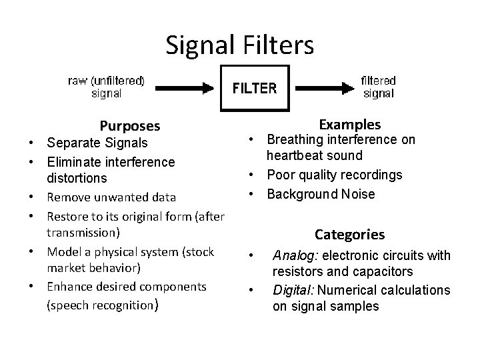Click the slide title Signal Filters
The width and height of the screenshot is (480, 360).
click(239, 45)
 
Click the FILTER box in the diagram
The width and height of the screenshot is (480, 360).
click(255, 87)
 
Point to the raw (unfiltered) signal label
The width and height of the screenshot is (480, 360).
click(107, 87)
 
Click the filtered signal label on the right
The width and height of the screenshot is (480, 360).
click(378, 87)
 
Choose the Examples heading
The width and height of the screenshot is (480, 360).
click(350, 125)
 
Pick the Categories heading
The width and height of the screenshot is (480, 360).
click(349, 235)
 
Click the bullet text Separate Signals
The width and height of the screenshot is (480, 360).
click(97, 143)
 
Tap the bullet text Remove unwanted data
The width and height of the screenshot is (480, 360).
click(111, 197)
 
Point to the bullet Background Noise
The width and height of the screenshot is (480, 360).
click(321, 194)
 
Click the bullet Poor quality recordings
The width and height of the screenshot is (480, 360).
click(335, 175)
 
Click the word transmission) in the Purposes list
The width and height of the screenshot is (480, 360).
click(83, 233)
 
